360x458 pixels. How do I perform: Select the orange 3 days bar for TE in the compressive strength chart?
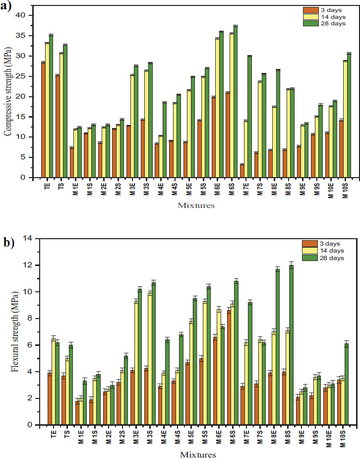[43, 120]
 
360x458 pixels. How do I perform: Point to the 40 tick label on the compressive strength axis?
[19, 15]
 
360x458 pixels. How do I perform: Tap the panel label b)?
[9, 243]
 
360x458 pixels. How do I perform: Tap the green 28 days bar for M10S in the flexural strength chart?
[347, 384]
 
